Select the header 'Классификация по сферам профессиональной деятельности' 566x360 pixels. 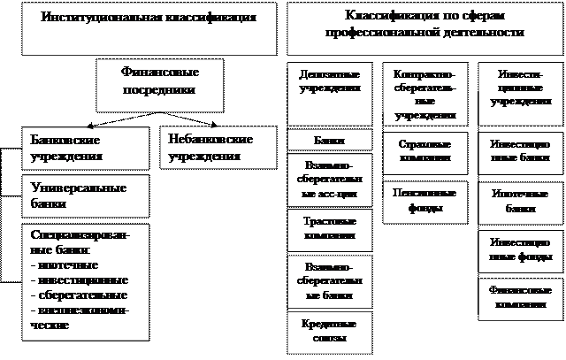tap(424, 24)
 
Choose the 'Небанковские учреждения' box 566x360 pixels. tap(209, 149)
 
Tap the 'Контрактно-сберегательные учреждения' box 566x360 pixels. tap(424, 95)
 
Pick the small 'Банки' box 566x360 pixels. tap(330, 141)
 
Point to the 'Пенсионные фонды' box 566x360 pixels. tap(424, 201)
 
